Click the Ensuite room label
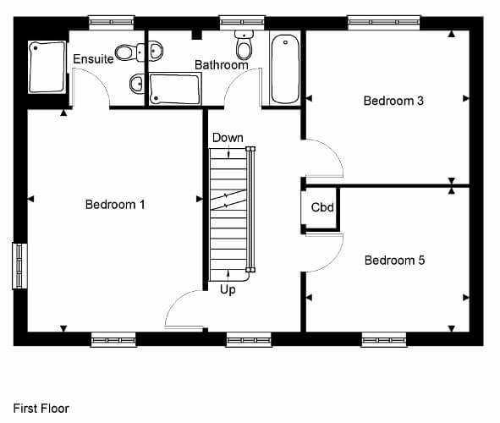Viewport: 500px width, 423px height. [93, 58]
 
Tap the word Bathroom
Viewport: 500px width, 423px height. [222, 65]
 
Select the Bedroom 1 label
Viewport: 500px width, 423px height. [115, 205]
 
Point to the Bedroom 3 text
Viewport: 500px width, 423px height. [393, 101]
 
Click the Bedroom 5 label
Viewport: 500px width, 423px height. [395, 260]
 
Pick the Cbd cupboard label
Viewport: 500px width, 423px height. [322, 207]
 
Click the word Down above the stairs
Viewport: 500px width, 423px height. [228, 138]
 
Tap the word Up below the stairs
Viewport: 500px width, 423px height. [228, 290]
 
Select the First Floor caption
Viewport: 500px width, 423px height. [41, 409]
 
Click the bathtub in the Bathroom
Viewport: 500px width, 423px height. [285, 69]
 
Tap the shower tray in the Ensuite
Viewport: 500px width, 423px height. [47, 67]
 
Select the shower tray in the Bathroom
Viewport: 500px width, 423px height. [175, 89]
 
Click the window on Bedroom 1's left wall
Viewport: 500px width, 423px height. [19, 266]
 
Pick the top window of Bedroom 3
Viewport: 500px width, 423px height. [383, 22]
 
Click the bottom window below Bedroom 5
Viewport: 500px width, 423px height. [384, 340]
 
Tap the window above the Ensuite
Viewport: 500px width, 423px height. [112, 22]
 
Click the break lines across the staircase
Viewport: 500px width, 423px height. [228, 200]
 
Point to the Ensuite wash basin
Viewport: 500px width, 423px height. [137, 84]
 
